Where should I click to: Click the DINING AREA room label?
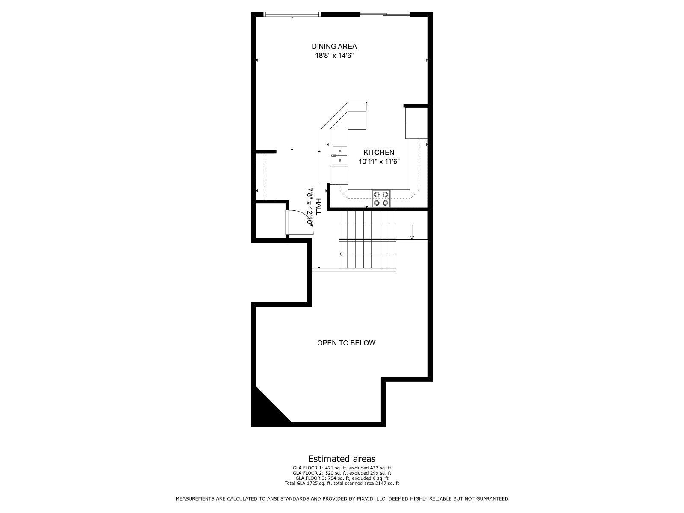[334, 47]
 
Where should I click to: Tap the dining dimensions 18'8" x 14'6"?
[334, 56]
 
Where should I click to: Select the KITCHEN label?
[379, 153]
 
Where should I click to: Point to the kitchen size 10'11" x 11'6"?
[379, 162]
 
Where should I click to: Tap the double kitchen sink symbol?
[340, 156]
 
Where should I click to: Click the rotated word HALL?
[319, 206]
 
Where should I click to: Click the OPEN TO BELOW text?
[346, 343]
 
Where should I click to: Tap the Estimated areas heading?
[342, 459]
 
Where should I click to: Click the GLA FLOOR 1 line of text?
[342, 468]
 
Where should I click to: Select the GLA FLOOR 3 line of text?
[342, 478]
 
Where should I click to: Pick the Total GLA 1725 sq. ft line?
[342, 484]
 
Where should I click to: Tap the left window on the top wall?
[292, 15]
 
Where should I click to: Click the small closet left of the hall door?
[270, 219]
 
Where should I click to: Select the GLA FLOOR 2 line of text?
[342, 473]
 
